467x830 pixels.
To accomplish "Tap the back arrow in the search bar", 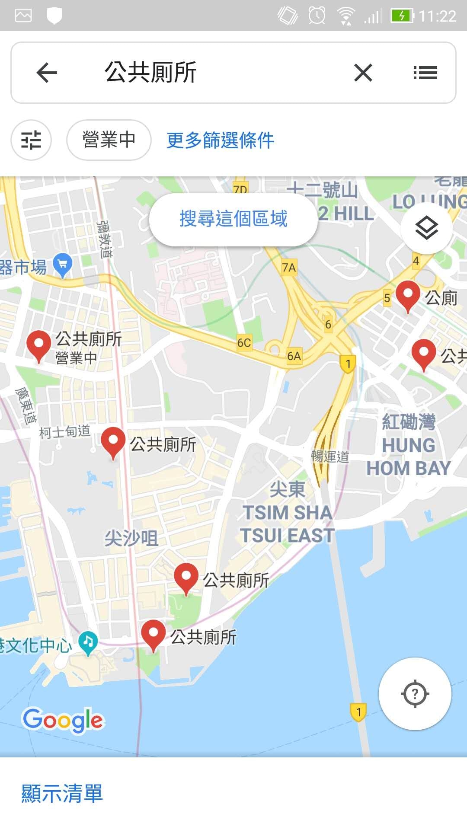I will pyautogui.click(x=47, y=72).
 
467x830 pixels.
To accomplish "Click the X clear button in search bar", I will pyautogui.click(x=363, y=72).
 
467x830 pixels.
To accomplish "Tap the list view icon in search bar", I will pyautogui.click(x=425, y=72).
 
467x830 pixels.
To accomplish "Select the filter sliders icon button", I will pyautogui.click(x=31, y=140).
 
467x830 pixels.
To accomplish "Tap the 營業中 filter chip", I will pyautogui.click(x=109, y=140).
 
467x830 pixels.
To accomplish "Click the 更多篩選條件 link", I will pyautogui.click(x=220, y=140).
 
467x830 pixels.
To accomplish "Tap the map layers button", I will pyautogui.click(x=426, y=228).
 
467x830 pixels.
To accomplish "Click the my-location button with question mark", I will pyautogui.click(x=415, y=694).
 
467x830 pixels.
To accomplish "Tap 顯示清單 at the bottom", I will pyautogui.click(x=62, y=794).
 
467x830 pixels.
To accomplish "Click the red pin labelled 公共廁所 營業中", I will pyautogui.click(x=39, y=345).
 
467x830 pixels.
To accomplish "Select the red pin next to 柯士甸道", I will pyautogui.click(x=113, y=442).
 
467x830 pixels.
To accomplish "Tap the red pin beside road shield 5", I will pyautogui.click(x=408, y=295).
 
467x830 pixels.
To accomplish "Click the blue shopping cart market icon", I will pyautogui.click(x=63, y=265).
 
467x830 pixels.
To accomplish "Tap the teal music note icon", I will pyautogui.click(x=89, y=642).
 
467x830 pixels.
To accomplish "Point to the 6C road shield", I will pyautogui.click(x=244, y=343).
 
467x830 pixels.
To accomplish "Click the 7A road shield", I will pyautogui.click(x=289, y=268).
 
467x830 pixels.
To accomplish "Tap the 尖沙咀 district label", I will pyautogui.click(x=131, y=538).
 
